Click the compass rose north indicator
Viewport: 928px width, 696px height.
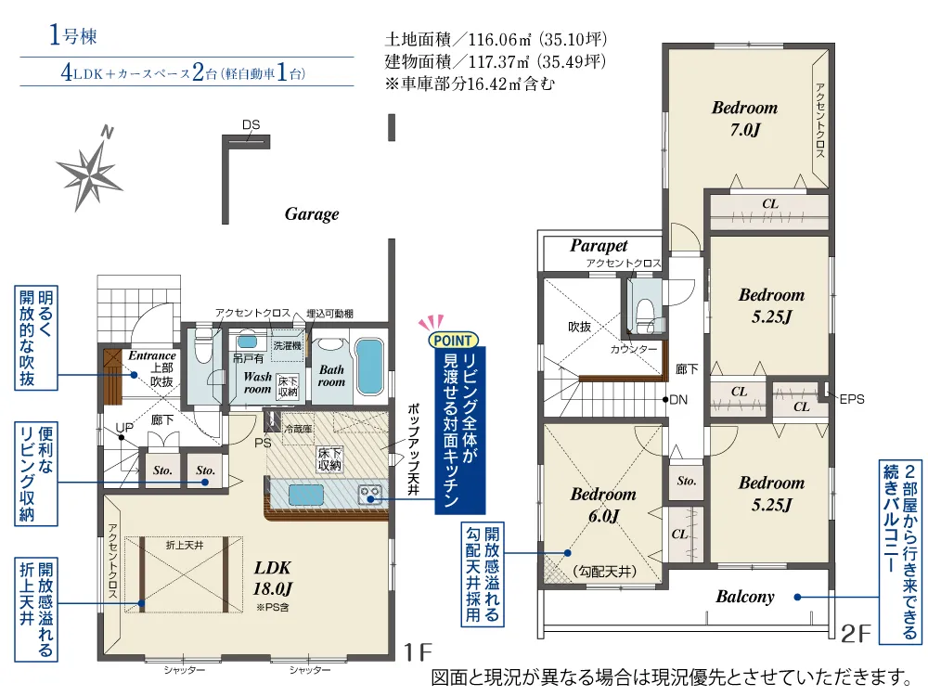[x=90, y=168]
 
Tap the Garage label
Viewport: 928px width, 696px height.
[x=312, y=214]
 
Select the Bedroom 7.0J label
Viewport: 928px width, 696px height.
[x=744, y=119]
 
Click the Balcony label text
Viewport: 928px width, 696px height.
[x=745, y=597]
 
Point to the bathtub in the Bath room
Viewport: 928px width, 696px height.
[x=370, y=367]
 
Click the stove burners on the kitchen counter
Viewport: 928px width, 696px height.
[x=370, y=493]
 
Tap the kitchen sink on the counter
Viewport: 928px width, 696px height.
[x=306, y=495]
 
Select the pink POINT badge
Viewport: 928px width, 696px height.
[x=453, y=341]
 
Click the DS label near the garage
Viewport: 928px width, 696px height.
[x=251, y=125]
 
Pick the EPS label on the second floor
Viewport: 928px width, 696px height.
[x=852, y=399]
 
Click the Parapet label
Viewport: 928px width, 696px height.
[x=599, y=246]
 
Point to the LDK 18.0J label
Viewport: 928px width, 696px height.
[x=272, y=578]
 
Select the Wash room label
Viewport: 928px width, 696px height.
[x=257, y=383]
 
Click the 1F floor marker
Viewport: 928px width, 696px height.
[x=418, y=652]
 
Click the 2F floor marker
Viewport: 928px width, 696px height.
[x=857, y=634]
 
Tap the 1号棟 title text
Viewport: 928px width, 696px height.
[x=72, y=35]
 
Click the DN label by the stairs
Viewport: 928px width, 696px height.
[x=678, y=400]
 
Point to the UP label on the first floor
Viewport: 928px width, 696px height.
[x=124, y=427]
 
